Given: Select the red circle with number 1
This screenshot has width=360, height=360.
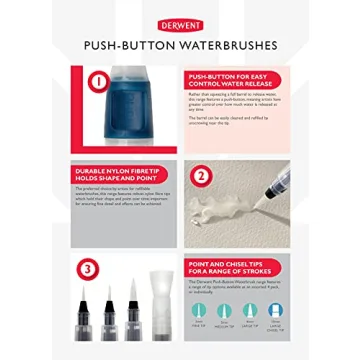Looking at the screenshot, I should [97, 81].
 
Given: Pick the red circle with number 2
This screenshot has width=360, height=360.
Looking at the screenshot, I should [200, 178].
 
